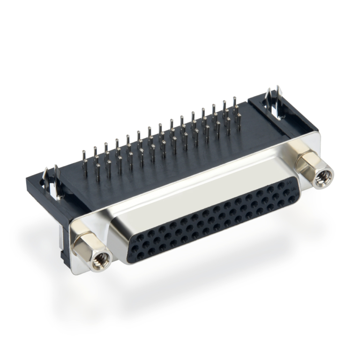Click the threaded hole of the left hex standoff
100,260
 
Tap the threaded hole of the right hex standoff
323,178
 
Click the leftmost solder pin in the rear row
84,157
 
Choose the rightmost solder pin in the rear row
235,106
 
